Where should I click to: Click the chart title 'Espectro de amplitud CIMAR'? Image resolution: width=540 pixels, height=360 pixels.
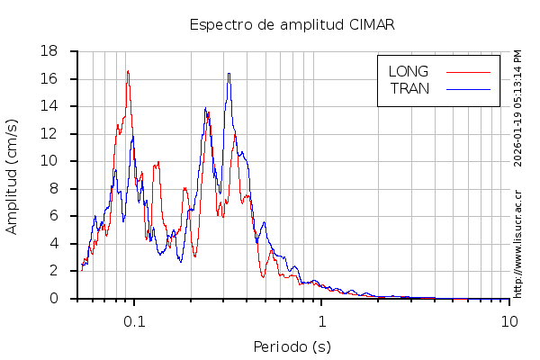(292, 24)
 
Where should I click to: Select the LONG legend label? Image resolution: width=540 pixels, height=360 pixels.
(408, 71)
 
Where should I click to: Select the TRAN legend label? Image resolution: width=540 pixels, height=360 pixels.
(409, 88)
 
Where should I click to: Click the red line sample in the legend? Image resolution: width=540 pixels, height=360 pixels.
(468, 71)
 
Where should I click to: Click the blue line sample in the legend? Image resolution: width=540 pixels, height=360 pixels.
(468, 88)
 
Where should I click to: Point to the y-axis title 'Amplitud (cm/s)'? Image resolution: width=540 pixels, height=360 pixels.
(12, 175)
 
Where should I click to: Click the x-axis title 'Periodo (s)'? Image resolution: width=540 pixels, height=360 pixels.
(292, 346)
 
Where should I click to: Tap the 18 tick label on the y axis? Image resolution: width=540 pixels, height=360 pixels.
(50, 51)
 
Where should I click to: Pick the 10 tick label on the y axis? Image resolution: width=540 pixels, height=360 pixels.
(50, 161)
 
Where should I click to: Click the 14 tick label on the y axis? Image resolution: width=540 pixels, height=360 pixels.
(50, 106)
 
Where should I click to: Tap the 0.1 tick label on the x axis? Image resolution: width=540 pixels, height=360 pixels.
(134, 321)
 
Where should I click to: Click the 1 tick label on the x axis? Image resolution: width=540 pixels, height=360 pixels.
(321, 321)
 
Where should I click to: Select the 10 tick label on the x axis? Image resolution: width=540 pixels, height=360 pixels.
(509, 321)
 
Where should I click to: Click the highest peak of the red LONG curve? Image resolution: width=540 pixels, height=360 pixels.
(127, 71)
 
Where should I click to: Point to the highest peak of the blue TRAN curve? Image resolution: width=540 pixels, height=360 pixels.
(229, 74)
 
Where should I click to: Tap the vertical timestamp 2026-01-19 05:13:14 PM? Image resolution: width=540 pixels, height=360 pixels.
(518, 108)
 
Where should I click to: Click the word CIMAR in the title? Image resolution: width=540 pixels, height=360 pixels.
(371, 24)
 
